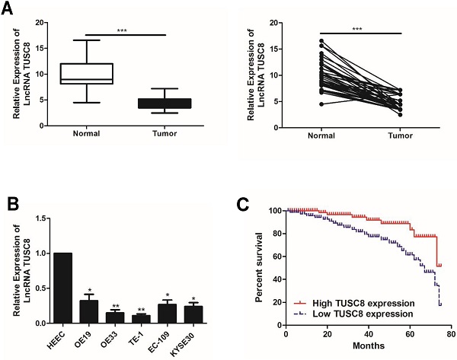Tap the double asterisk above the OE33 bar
click(x=116, y=306)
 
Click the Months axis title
click(x=367, y=352)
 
